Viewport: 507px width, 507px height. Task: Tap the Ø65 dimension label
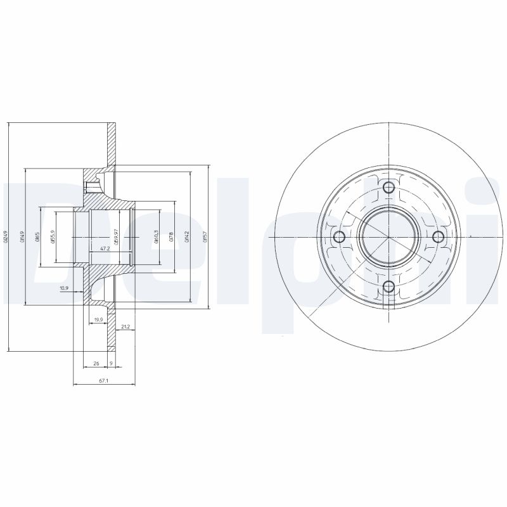(37, 236)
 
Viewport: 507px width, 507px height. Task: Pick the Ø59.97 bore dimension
(117, 236)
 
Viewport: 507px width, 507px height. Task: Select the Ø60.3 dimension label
(157, 236)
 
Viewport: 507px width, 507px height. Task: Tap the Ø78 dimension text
(172, 236)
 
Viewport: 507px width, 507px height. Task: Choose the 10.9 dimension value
(64, 288)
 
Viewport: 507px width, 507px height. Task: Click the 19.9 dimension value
(98, 319)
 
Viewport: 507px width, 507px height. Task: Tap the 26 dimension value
(96, 364)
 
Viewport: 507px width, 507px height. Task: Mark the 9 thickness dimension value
(112, 364)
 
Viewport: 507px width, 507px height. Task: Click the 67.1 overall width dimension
(105, 380)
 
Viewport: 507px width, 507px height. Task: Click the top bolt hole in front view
(388, 186)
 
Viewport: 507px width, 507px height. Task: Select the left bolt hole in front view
(338, 237)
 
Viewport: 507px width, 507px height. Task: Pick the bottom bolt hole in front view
(388, 287)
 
